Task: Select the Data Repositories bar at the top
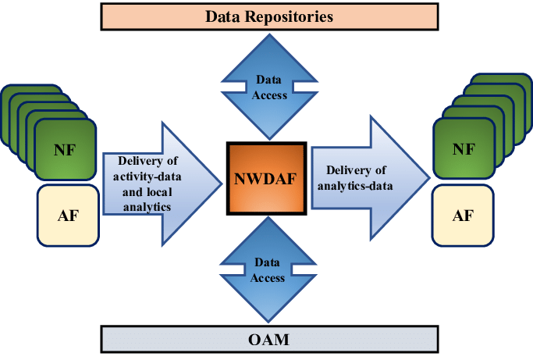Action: tap(268, 16)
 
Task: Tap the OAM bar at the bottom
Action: tap(268, 340)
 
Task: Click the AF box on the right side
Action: tap(463, 216)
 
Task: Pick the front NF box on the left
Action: tap(66, 149)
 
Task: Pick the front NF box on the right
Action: tap(463, 148)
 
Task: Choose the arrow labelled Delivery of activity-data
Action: tap(160, 184)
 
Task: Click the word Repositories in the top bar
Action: tap(296, 16)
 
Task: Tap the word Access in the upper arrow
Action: tap(268, 95)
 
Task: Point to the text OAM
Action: tap(268, 340)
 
